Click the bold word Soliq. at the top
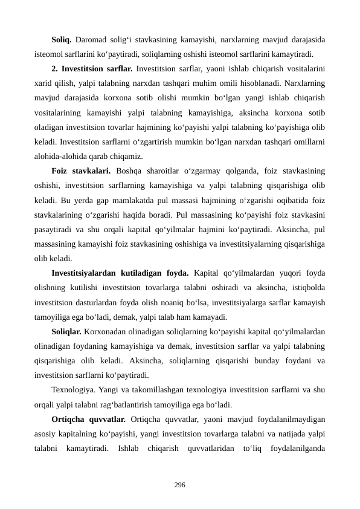(x=62, y=41)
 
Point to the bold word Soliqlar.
(x=66, y=331)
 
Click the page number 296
(x=179, y=484)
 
